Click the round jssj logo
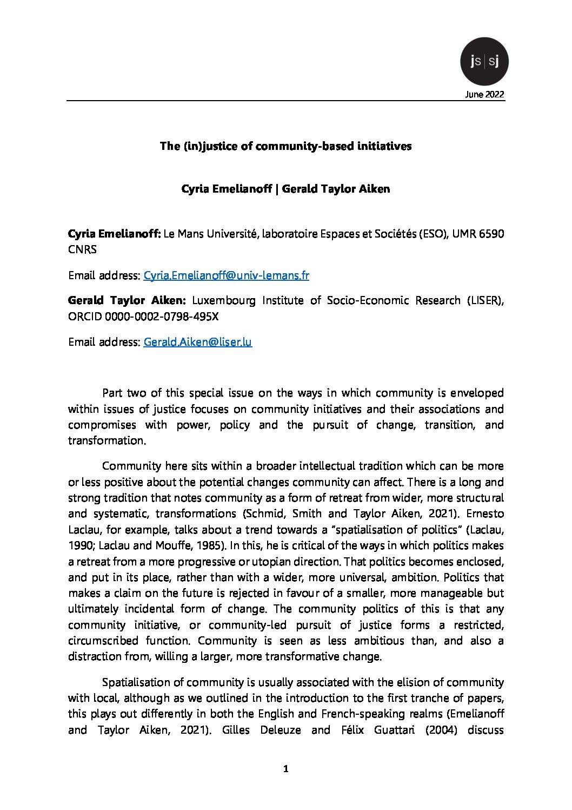coord(484,62)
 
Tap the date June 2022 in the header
coord(484,95)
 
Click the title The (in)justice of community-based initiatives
coord(285,146)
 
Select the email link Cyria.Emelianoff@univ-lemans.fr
coord(226,275)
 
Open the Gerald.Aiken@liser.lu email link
coord(197,342)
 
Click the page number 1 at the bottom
coord(286,769)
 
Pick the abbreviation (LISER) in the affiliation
coord(485,300)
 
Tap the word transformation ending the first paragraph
coord(107,440)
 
